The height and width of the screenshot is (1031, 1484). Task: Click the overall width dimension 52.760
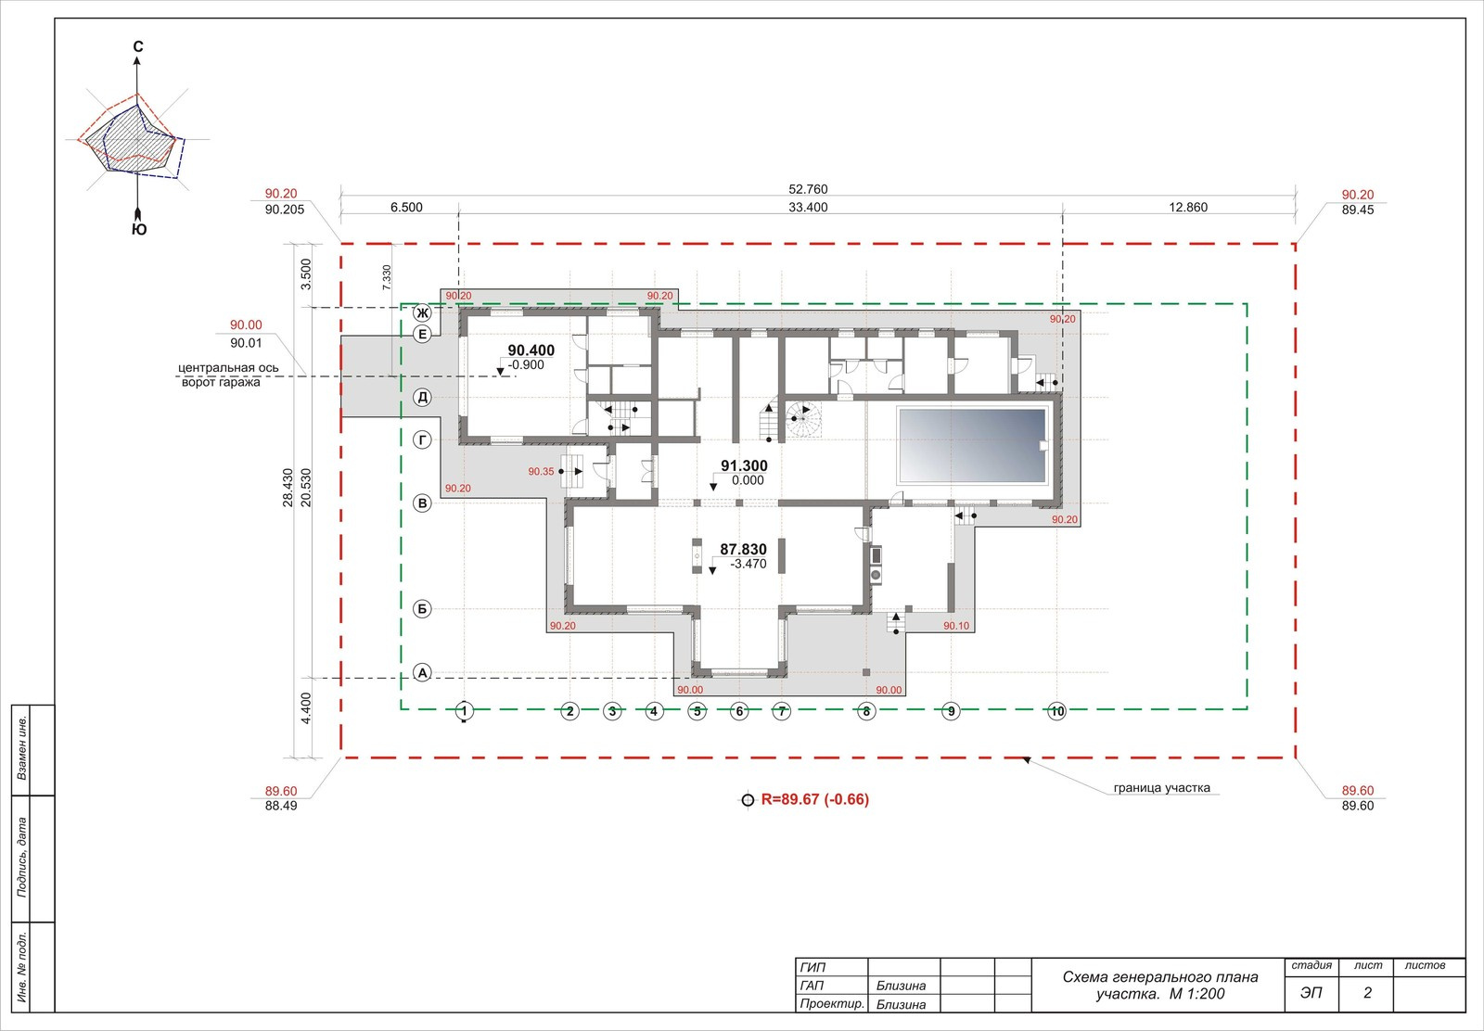point(808,189)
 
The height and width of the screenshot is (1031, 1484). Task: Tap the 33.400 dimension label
point(808,208)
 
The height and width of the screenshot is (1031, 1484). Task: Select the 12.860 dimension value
point(1188,208)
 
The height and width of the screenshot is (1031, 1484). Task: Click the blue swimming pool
point(972,445)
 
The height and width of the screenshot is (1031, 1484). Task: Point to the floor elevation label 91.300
point(744,465)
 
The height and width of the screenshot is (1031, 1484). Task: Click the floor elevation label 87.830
point(743,549)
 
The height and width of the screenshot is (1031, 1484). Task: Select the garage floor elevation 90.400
point(531,350)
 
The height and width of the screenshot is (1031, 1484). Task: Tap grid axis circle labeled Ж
point(422,312)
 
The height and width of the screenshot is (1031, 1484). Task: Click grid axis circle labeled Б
point(422,608)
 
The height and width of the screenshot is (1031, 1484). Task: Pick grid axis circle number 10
point(1056,711)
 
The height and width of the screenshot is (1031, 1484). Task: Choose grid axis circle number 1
point(464,711)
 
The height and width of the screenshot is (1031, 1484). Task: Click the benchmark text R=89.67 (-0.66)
point(815,799)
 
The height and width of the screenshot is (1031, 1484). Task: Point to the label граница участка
point(1161,788)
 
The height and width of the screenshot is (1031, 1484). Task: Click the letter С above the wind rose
point(138,46)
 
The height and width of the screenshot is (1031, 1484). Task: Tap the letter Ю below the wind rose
point(138,229)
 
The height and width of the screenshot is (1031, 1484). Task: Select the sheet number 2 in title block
point(1367,993)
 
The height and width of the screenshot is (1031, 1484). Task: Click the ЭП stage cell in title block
point(1311,993)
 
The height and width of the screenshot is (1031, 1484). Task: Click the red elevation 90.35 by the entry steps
point(541,472)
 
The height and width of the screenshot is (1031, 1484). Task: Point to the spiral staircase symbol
point(803,419)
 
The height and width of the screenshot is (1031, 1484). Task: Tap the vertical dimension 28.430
point(288,488)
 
